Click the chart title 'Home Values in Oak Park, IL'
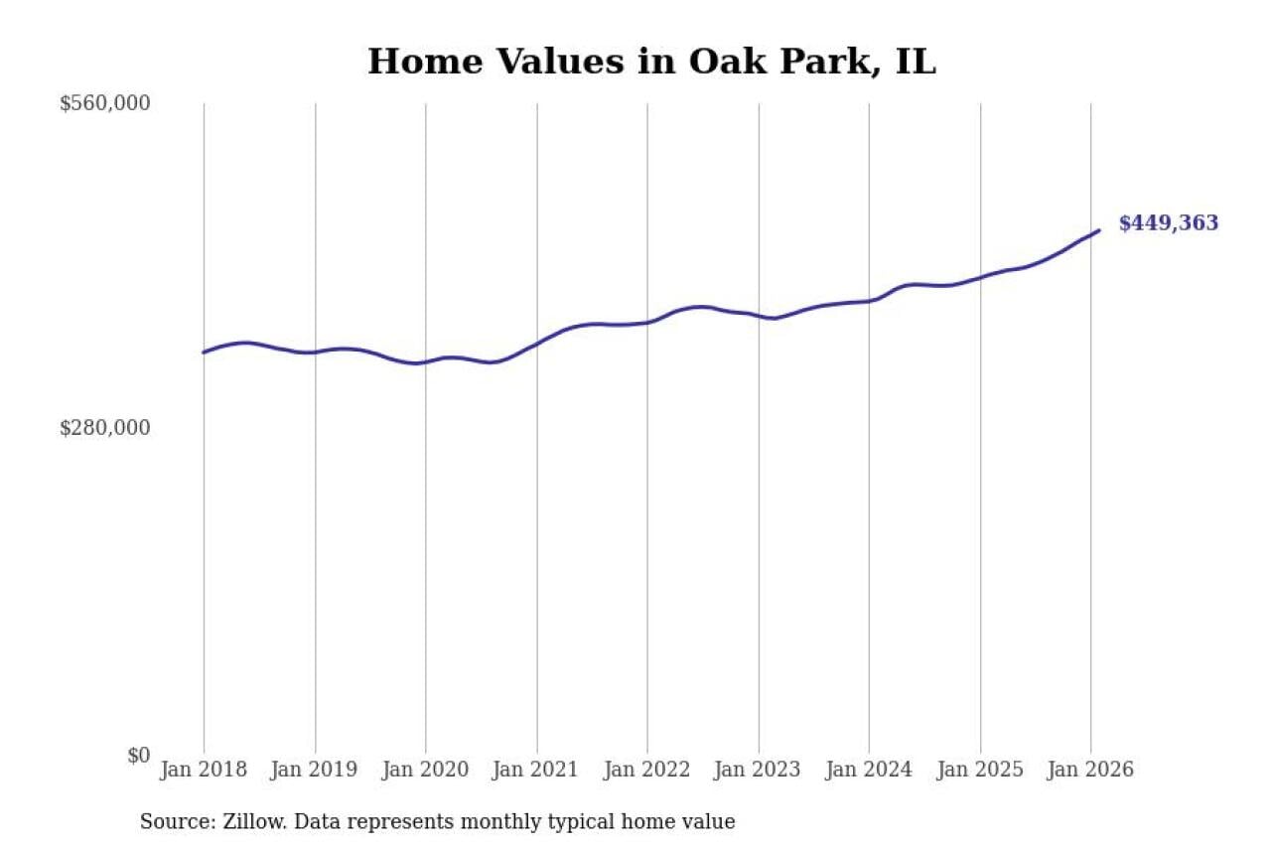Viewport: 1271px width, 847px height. point(651,62)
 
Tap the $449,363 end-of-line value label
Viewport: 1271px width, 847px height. point(1168,223)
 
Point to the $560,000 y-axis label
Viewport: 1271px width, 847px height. point(104,103)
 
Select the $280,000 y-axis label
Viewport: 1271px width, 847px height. point(104,428)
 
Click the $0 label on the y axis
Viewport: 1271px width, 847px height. point(138,755)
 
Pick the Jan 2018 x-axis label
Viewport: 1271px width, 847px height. point(204,770)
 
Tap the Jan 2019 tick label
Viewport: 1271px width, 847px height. point(315,770)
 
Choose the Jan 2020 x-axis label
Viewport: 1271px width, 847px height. point(426,770)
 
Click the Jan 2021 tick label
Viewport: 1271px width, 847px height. point(537,770)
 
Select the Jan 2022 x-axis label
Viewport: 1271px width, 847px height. point(647,770)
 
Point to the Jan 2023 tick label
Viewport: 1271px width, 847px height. point(759,770)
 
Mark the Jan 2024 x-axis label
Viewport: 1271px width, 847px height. point(869,770)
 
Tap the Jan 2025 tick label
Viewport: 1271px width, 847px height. point(980,770)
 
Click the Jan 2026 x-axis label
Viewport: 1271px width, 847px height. point(1090,770)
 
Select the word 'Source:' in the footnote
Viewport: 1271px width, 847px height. point(171,822)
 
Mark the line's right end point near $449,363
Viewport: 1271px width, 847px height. point(1099,230)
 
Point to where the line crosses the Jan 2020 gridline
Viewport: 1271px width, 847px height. point(426,361)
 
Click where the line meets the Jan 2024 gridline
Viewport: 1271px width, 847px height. point(869,301)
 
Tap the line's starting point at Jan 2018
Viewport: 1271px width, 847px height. point(204,353)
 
